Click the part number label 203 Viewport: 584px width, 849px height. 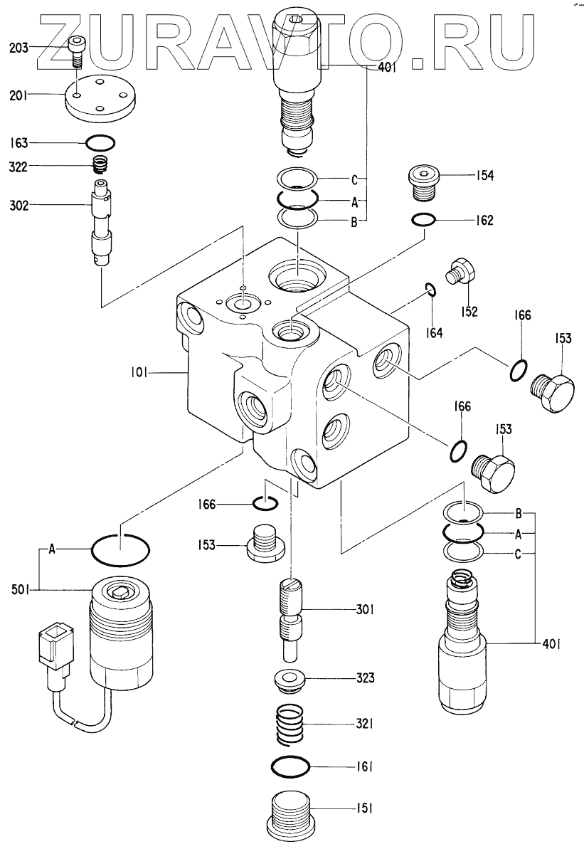point(18,48)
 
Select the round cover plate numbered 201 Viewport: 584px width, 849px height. point(99,97)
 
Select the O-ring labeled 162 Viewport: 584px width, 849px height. point(423,220)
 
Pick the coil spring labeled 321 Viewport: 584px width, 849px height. point(294,725)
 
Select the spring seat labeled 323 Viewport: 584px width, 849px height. point(290,680)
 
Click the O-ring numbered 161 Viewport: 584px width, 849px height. point(291,767)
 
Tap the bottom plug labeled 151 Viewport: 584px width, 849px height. point(292,816)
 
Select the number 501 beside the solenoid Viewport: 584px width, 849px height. point(20,588)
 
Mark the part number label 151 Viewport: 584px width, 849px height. point(365,808)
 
